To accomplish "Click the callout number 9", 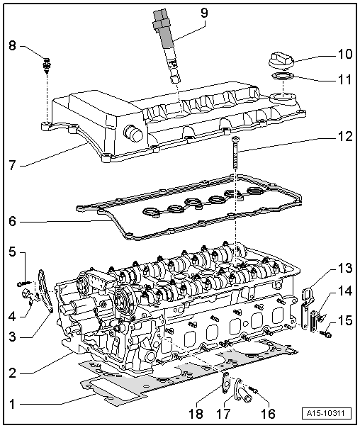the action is (x=204, y=13).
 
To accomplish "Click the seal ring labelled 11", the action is (x=283, y=76).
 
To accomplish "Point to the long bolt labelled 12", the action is (x=235, y=153).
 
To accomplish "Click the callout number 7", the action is (x=12, y=165).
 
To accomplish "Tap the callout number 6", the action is (x=12, y=221).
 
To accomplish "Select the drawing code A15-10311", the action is (x=327, y=413).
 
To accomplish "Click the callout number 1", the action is (x=12, y=404).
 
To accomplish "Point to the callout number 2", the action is (x=12, y=373).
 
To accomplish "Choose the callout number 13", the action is (x=344, y=268).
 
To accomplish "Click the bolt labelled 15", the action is (x=327, y=334).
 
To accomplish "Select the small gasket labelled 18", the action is (x=225, y=383).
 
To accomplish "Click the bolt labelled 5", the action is (x=24, y=283).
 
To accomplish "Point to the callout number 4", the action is (x=12, y=317).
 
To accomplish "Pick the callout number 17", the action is (x=223, y=414).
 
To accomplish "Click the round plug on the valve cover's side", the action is (x=133, y=134).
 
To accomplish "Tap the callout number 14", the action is (x=344, y=291).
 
